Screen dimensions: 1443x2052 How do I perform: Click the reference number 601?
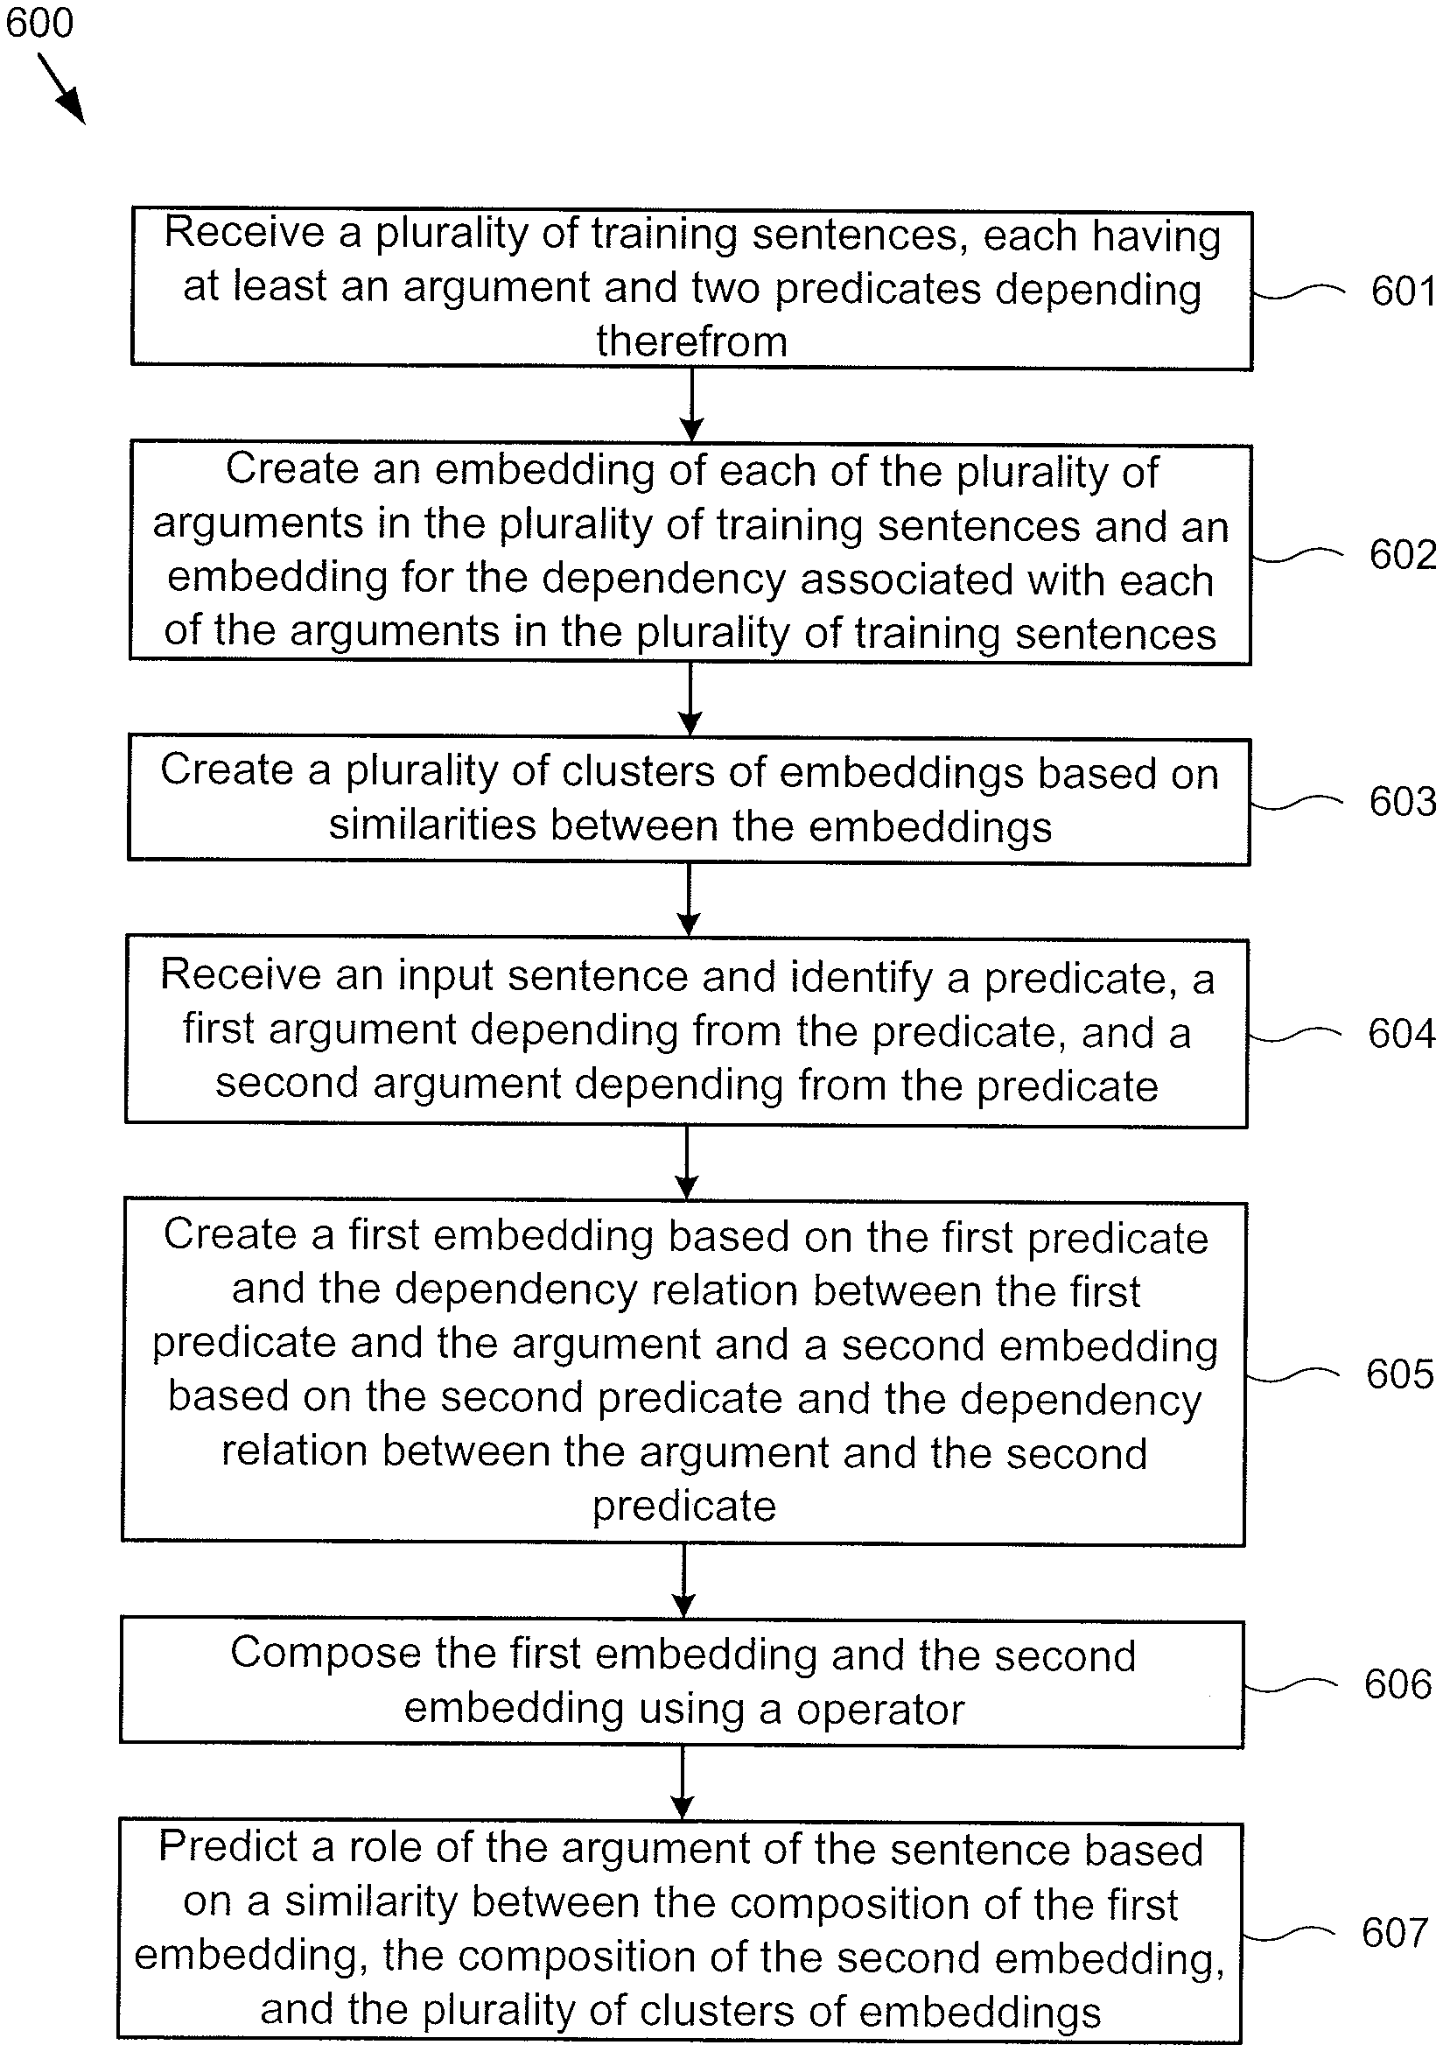[1403, 292]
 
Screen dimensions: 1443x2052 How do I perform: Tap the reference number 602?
[1402, 554]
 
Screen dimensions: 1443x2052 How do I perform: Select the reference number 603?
[1402, 801]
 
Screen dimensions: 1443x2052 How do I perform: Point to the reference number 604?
[1400, 1033]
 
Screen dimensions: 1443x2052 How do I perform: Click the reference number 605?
[1399, 1374]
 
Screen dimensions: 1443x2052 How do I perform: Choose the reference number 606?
[1397, 1683]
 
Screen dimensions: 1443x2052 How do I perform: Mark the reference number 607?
[1395, 1933]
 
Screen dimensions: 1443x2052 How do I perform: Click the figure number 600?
[39, 22]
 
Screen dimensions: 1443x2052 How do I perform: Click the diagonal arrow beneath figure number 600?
[61, 88]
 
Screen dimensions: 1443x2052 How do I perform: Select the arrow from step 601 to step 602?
[691, 405]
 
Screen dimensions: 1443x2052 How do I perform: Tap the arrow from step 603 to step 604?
[688, 901]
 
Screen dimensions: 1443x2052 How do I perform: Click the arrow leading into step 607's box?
[682, 1783]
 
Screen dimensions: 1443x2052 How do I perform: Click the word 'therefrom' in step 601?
[691, 341]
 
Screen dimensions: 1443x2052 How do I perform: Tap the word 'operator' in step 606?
[880, 1710]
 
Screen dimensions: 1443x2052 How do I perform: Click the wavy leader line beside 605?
[1292, 1375]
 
